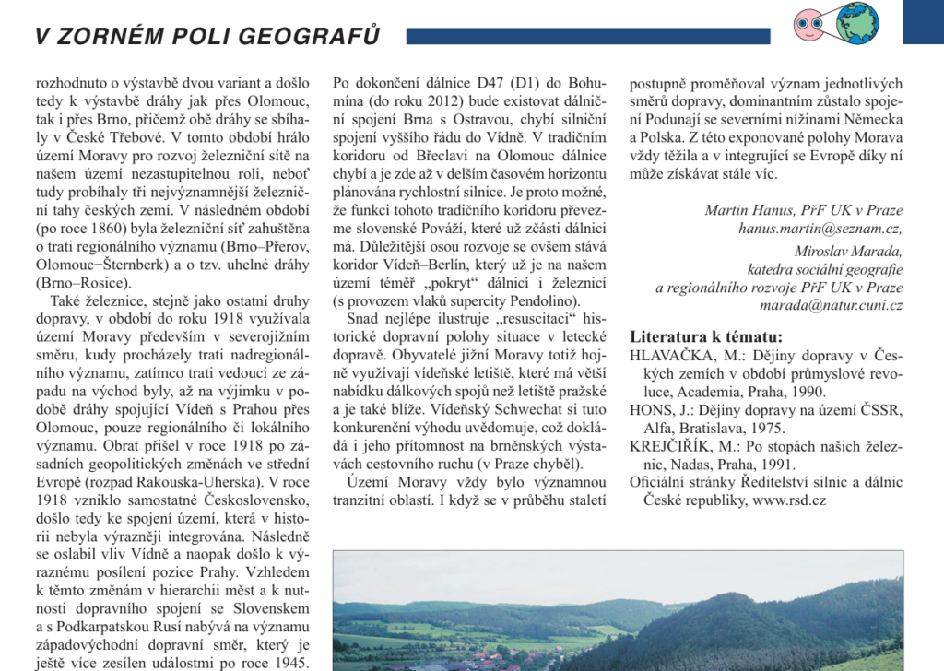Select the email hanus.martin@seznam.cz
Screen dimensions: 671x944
pyautogui.click(x=820, y=228)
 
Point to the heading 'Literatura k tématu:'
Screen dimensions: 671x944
pyautogui.click(x=706, y=335)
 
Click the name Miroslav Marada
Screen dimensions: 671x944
pyautogui.click(x=848, y=251)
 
